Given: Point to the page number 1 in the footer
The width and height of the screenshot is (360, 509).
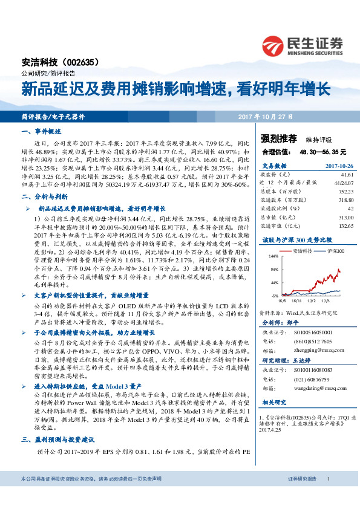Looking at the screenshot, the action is [x=328, y=496].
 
